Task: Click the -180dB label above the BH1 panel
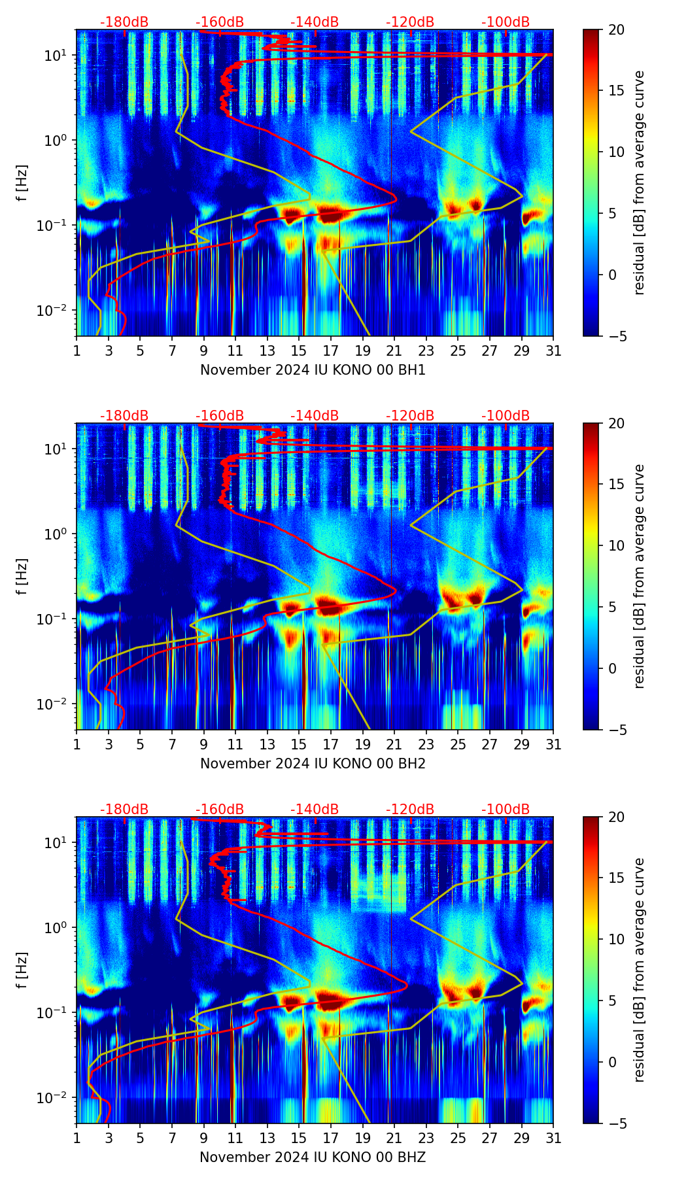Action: (124, 22)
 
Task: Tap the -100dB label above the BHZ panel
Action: (506, 810)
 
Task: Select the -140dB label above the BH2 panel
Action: (315, 416)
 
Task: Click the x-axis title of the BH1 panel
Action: (313, 370)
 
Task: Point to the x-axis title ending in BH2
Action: (313, 764)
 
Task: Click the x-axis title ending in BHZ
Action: (313, 1157)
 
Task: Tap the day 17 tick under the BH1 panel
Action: (331, 351)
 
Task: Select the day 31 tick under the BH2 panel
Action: (553, 744)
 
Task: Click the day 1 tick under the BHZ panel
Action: (77, 1138)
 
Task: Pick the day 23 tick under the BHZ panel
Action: (426, 1138)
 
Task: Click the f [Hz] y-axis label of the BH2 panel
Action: (22, 576)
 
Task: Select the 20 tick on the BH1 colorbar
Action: (616, 30)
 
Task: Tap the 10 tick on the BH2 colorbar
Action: (616, 545)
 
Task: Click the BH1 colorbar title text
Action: (639, 182)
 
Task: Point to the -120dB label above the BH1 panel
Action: (410, 22)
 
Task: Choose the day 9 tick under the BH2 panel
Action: (204, 744)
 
